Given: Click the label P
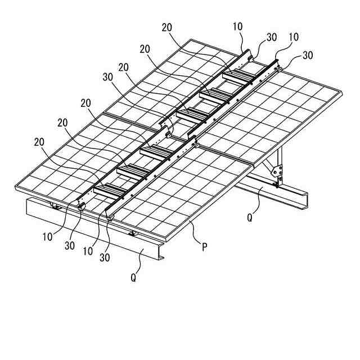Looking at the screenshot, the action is [204, 246].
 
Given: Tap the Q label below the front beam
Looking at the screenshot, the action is [133, 277].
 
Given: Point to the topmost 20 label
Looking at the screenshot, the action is [166, 27].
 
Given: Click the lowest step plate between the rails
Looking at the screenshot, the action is [110, 190].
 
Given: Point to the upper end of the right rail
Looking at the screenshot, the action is [277, 62].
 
